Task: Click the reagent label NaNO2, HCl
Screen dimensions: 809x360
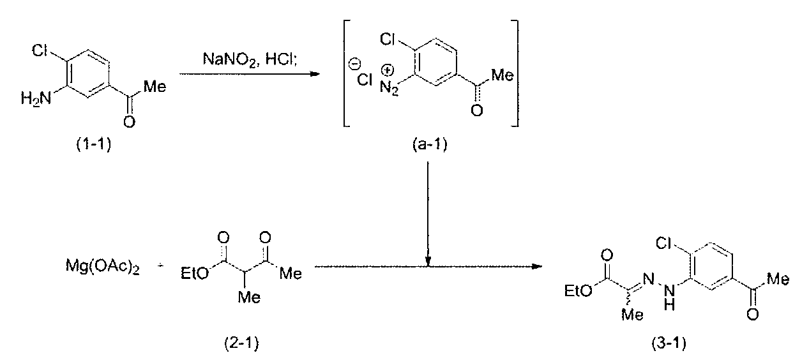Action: [250, 59]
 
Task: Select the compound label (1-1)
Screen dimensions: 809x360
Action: [93, 144]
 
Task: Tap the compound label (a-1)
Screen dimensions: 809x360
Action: [430, 144]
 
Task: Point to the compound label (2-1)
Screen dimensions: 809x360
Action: [241, 343]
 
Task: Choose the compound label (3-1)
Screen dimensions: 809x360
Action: [669, 343]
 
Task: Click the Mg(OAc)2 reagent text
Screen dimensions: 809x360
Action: [103, 267]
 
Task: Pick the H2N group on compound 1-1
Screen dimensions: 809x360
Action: [36, 98]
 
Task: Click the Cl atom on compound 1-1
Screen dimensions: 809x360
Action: [40, 50]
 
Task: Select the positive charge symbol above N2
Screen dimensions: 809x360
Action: [388, 70]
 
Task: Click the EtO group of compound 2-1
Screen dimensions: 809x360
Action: [195, 273]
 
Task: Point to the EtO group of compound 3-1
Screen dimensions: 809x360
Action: [578, 290]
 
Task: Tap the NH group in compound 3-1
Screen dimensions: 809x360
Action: [669, 298]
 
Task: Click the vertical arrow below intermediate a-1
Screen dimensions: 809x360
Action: [428, 214]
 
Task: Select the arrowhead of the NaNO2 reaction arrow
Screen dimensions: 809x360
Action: [315, 74]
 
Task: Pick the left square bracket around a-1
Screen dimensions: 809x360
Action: [346, 73]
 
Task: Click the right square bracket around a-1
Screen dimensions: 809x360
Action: [515, 73]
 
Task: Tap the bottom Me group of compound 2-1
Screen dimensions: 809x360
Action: [249, 297]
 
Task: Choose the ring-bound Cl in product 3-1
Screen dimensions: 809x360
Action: [664, 244]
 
